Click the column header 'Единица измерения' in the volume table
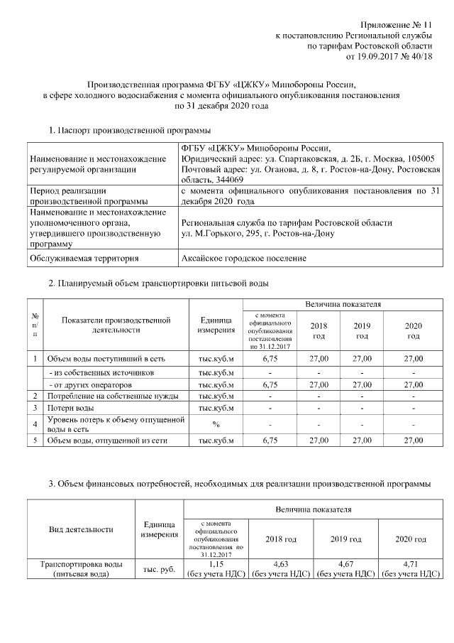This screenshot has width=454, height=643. [x=216, y=325]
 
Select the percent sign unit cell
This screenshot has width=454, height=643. [x=216, y=424]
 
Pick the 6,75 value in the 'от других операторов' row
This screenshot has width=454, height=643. [x=270, y=384]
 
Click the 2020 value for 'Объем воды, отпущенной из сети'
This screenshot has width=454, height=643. [x=413, y=441]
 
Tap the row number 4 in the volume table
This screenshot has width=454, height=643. [x=35, y=424]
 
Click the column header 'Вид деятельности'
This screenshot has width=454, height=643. [x=80, y=529]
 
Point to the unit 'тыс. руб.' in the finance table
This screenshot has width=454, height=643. [x=160, y=569]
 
